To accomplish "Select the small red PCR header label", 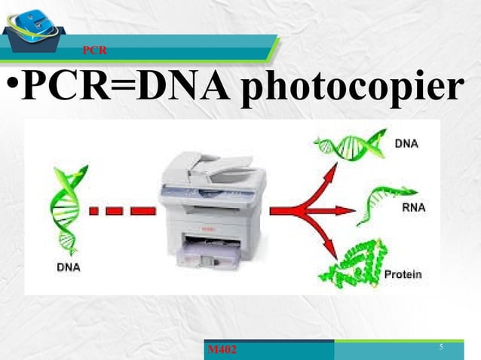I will (x=95, y=50).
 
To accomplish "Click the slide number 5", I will (x=440, y=346).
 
